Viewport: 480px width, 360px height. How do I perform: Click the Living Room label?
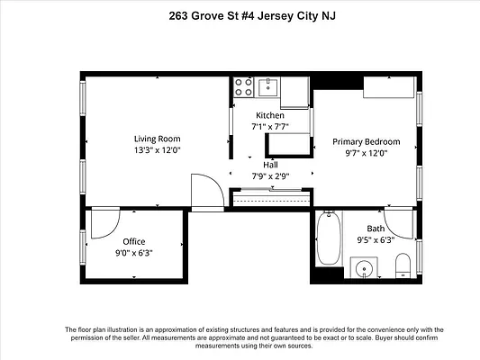point(158,139)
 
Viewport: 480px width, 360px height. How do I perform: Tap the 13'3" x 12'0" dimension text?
point(158,150)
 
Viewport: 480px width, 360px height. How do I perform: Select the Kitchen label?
point(270,115)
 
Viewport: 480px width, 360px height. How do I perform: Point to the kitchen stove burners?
point(244,87)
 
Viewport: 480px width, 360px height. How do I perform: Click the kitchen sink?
point(267,87)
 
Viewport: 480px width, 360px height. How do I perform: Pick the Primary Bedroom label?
point(367,142)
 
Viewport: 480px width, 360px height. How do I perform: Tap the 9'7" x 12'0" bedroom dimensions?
point(367,153)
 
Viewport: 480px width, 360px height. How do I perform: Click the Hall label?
point(270,165)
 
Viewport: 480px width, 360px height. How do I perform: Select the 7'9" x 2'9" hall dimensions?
point(270,176)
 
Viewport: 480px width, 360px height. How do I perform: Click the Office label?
point(134,241)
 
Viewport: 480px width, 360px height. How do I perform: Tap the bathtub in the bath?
point(329,238)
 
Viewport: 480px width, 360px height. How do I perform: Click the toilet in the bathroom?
point(403,265)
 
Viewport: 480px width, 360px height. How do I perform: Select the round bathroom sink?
point(364,269)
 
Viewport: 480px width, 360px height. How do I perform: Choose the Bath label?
point(376,229)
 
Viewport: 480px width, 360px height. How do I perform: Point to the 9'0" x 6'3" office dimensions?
point(134,253)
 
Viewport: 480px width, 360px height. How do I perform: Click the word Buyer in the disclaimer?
point(385,338)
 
